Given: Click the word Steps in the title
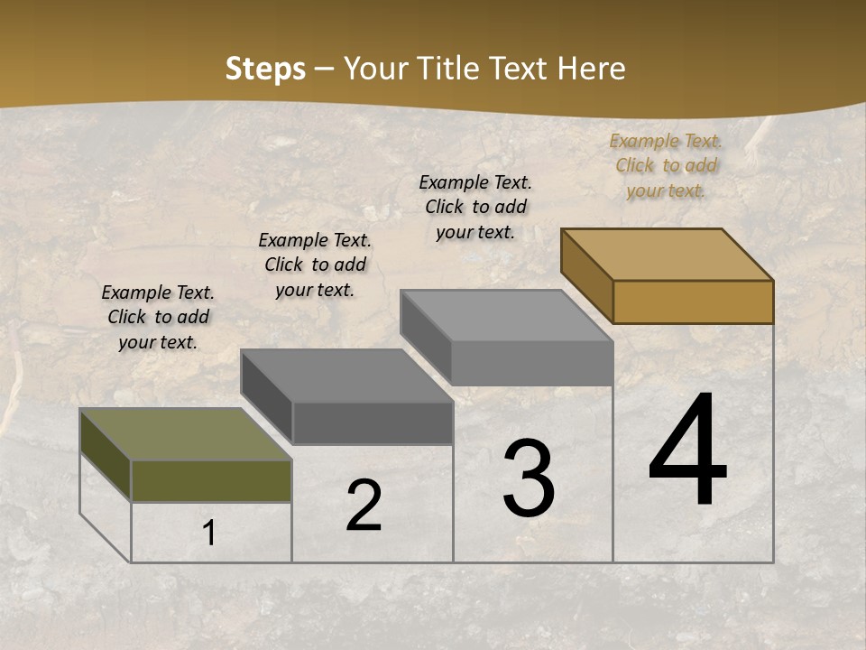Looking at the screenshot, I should click(x=265, y=69).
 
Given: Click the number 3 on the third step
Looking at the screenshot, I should click(x=529, y=478).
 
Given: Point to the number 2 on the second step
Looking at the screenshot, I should click(x=364, y=506).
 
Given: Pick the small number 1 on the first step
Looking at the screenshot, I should click(x=209, y=534).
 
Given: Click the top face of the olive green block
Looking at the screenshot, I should click(x=186, y=434).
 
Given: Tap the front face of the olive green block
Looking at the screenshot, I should click(x=211, y=480).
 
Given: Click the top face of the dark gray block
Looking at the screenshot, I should click(x=346, y=375).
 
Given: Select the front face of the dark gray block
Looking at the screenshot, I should click(x=373, y=422).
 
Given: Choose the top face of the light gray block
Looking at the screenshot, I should click(x=507, y=315).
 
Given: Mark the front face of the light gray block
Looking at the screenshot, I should click(x=532, y=363).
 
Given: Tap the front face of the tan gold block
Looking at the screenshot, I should click(x=693, y=302).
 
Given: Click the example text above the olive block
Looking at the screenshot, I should click(x=158, y=317).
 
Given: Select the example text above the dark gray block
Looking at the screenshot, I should click(x=315, y=265).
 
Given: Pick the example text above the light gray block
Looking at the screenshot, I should click(x=475, y=207).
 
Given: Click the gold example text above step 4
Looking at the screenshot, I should click(x=666, y=165).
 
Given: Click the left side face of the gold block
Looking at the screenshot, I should click(x=586, y=274).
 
